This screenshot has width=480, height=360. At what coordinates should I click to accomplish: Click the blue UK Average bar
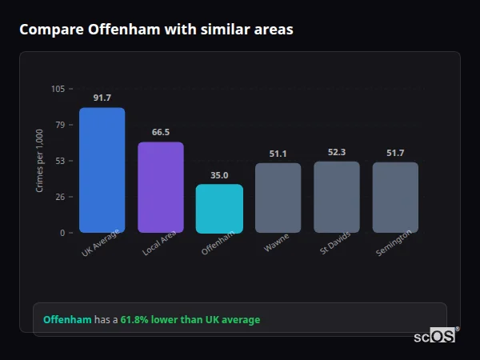click(x=102, y=170)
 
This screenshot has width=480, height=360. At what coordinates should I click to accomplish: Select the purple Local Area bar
click(x=161, y=187)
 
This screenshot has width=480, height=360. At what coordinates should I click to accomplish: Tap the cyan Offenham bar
click(x=219, y=209)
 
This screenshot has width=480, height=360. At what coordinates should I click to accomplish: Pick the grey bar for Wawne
click(x=278, y=198)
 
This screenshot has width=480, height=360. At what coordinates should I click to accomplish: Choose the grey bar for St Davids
click(x=337, y=197)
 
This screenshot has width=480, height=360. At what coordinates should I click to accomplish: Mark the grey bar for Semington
click(x=395, y=198)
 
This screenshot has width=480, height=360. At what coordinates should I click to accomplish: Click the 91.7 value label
click(x=102, y=98)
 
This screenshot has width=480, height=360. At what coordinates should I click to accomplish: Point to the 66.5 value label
click(x=161, y=132)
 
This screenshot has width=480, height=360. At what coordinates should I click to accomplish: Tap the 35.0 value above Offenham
click(x=219, y=175)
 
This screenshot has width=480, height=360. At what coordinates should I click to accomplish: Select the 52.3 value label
click(x=337, y=152)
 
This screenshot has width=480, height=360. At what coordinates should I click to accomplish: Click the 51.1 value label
click(x=278, y=154)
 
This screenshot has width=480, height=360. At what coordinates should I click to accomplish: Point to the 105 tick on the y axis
click(x=58, y=89)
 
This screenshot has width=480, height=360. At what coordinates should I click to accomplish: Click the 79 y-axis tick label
click(x=60, y=125)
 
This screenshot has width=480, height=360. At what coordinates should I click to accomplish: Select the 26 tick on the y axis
click(x=60, y=197)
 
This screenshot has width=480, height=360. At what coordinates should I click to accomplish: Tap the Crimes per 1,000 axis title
click(x=40, y=161)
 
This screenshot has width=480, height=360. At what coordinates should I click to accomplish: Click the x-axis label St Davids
click(x=334, y=245)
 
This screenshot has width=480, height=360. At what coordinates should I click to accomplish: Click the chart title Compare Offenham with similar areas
click(x=156, y=30)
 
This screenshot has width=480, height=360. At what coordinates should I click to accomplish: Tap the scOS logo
click(x=435, y=336)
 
